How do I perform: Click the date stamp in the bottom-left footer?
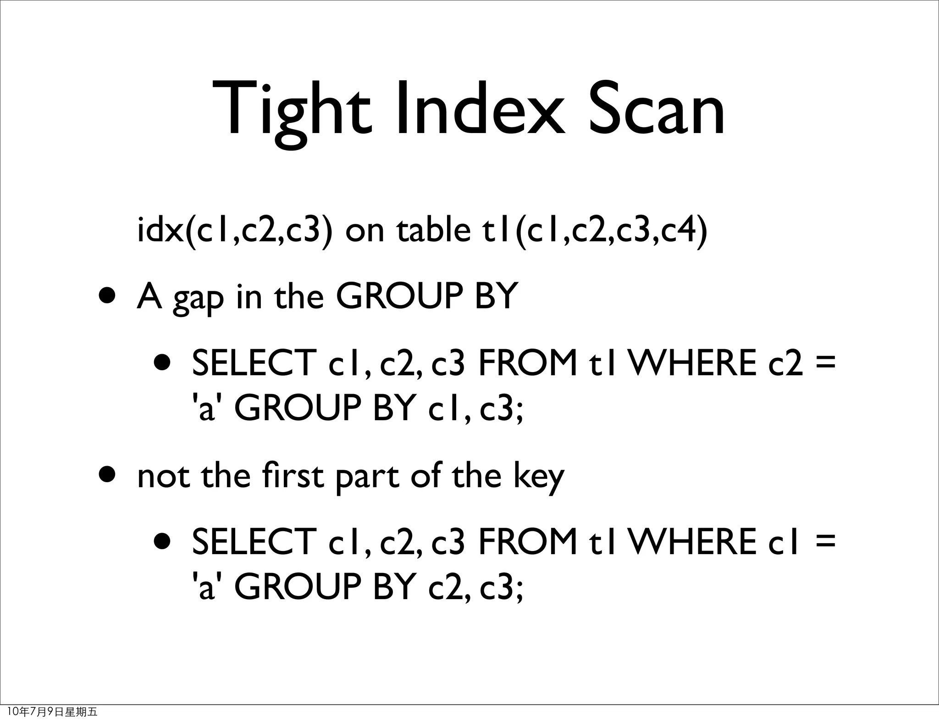click(x=53, y=712)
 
